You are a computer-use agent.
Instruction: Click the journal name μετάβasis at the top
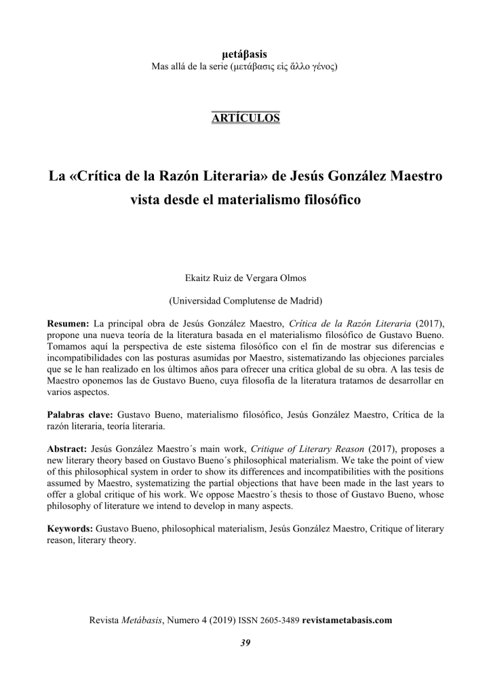(x=245, y=54)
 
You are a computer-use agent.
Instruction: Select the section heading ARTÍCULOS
(x=245, y=117)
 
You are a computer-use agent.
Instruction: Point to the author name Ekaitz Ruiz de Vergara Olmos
(x=245, y=278)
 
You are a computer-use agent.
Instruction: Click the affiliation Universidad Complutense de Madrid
(x=245, y=300)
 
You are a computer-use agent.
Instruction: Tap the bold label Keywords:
(x=71, y=527)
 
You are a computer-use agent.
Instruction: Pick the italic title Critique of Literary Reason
(x=311, y=449)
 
